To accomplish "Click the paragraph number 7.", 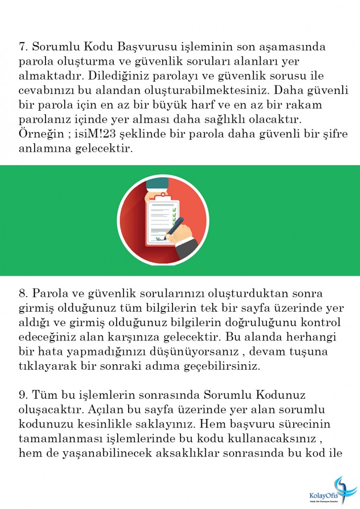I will [22, 47].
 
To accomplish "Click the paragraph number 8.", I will [22, 295].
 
